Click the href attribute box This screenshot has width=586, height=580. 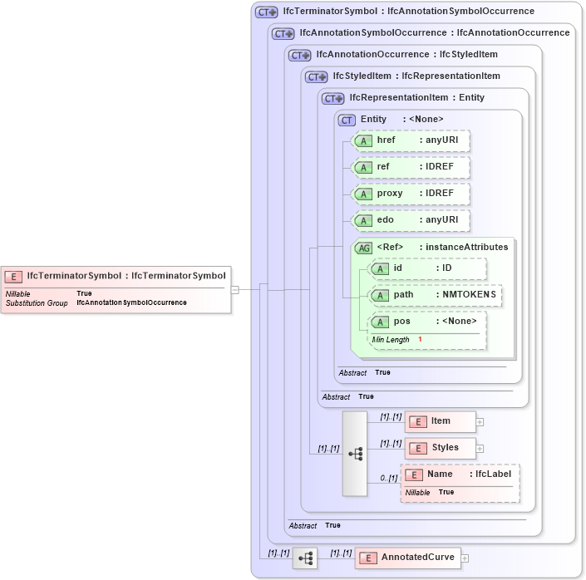411,140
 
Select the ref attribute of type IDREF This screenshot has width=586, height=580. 411,167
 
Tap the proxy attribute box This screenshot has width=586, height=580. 411,194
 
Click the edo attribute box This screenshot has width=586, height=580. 411,220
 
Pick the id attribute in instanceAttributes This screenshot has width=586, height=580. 427,268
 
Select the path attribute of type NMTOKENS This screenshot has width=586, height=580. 436,295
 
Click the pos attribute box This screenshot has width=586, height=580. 427,322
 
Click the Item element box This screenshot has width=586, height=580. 440,421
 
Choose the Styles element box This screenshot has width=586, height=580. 440,448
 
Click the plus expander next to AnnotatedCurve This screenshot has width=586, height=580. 465,558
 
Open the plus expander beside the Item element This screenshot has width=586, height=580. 480,422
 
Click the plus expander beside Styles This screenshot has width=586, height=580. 480,449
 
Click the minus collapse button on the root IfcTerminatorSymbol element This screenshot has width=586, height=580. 235,290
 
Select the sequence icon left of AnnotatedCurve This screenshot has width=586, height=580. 305,558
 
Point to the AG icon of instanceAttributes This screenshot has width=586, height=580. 364,248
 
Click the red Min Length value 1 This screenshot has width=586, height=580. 420,340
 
